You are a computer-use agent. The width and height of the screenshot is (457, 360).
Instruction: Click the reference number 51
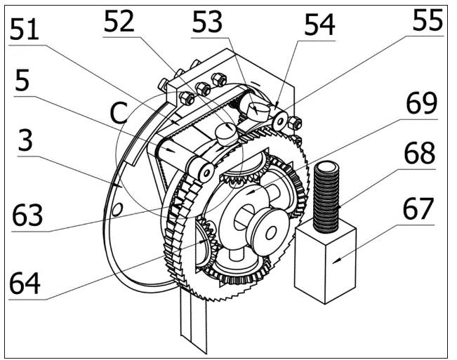coord(24,29)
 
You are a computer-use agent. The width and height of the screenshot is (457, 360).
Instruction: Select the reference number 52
coord(119,21)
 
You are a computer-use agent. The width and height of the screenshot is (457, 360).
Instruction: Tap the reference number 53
coord(207,22)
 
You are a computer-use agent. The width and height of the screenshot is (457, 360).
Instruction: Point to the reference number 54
coord(319,25)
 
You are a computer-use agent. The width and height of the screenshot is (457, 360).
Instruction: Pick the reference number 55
coord(428,20)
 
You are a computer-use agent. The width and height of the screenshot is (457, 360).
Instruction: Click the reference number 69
coord(422,103)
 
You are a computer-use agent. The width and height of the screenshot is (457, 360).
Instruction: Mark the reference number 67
coord(418,208)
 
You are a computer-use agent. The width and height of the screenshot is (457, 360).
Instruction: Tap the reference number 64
coord(25,283)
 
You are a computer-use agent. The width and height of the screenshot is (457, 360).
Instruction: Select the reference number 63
coord(27,215)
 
